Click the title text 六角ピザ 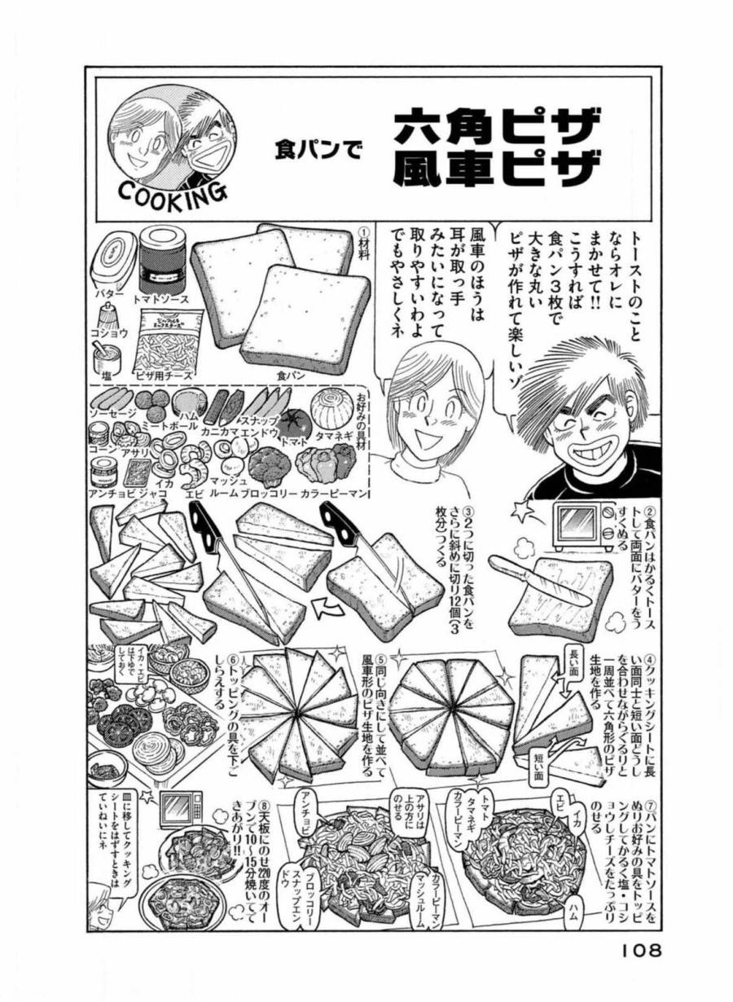(x=497, y=128)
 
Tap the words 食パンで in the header (x=317, y=150)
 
